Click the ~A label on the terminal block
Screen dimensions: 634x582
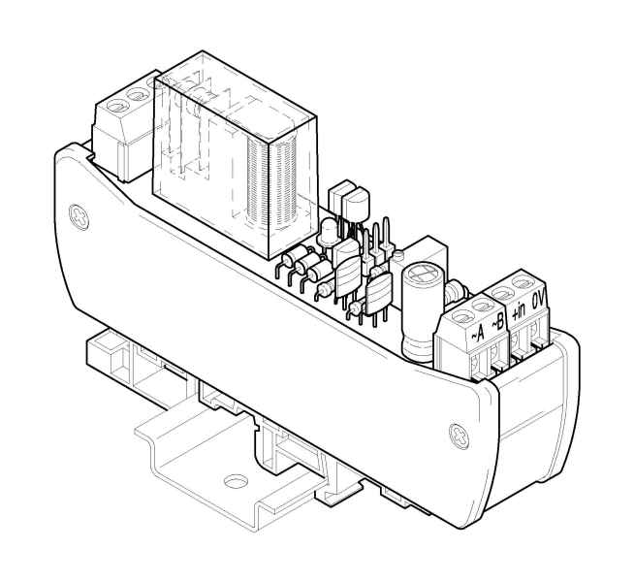click(477, 333)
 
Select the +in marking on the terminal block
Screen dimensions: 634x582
click(518, 310)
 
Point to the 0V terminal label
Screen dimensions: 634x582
click(539, 300)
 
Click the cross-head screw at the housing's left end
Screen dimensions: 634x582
click(79, 217)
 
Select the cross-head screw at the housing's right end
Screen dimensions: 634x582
click(460, 436)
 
